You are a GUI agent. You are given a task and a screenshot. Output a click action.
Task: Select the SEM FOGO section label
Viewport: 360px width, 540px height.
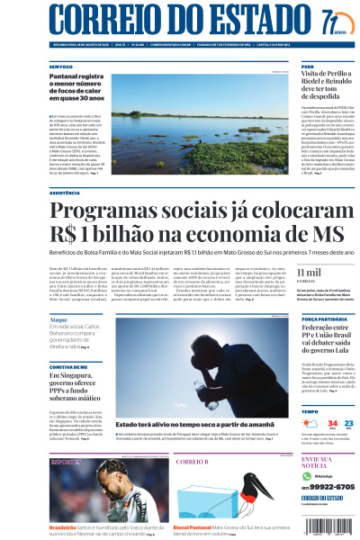pyautogui.click(x=61, y=66)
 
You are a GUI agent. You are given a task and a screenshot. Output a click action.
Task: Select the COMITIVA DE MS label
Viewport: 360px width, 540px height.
pyautogui.click(x=67, y=366)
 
